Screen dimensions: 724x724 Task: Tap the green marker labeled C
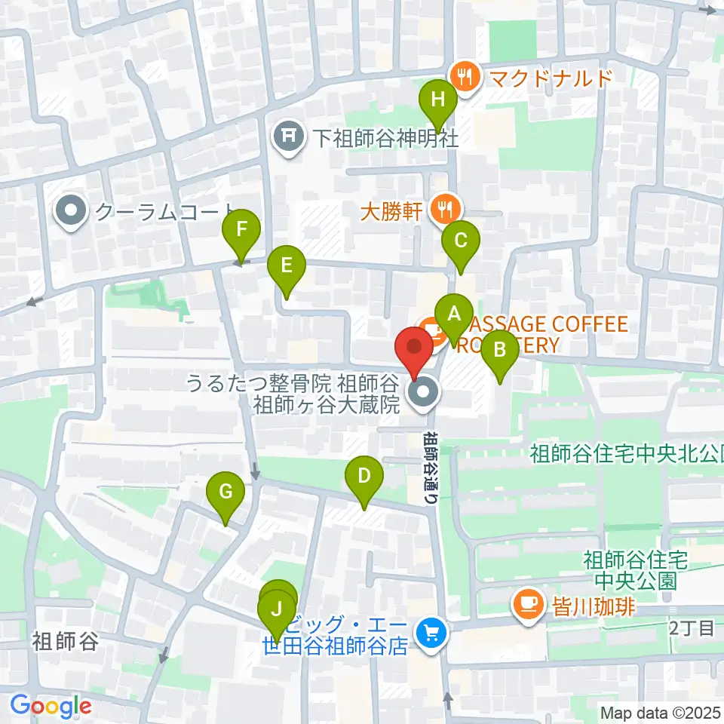461,241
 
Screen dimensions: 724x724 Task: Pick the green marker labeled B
499,351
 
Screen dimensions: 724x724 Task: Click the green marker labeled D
364,477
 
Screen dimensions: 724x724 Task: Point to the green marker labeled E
287,266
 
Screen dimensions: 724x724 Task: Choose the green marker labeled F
241,229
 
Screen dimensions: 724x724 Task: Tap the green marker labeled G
225,492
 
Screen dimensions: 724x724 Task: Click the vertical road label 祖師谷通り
429,468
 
